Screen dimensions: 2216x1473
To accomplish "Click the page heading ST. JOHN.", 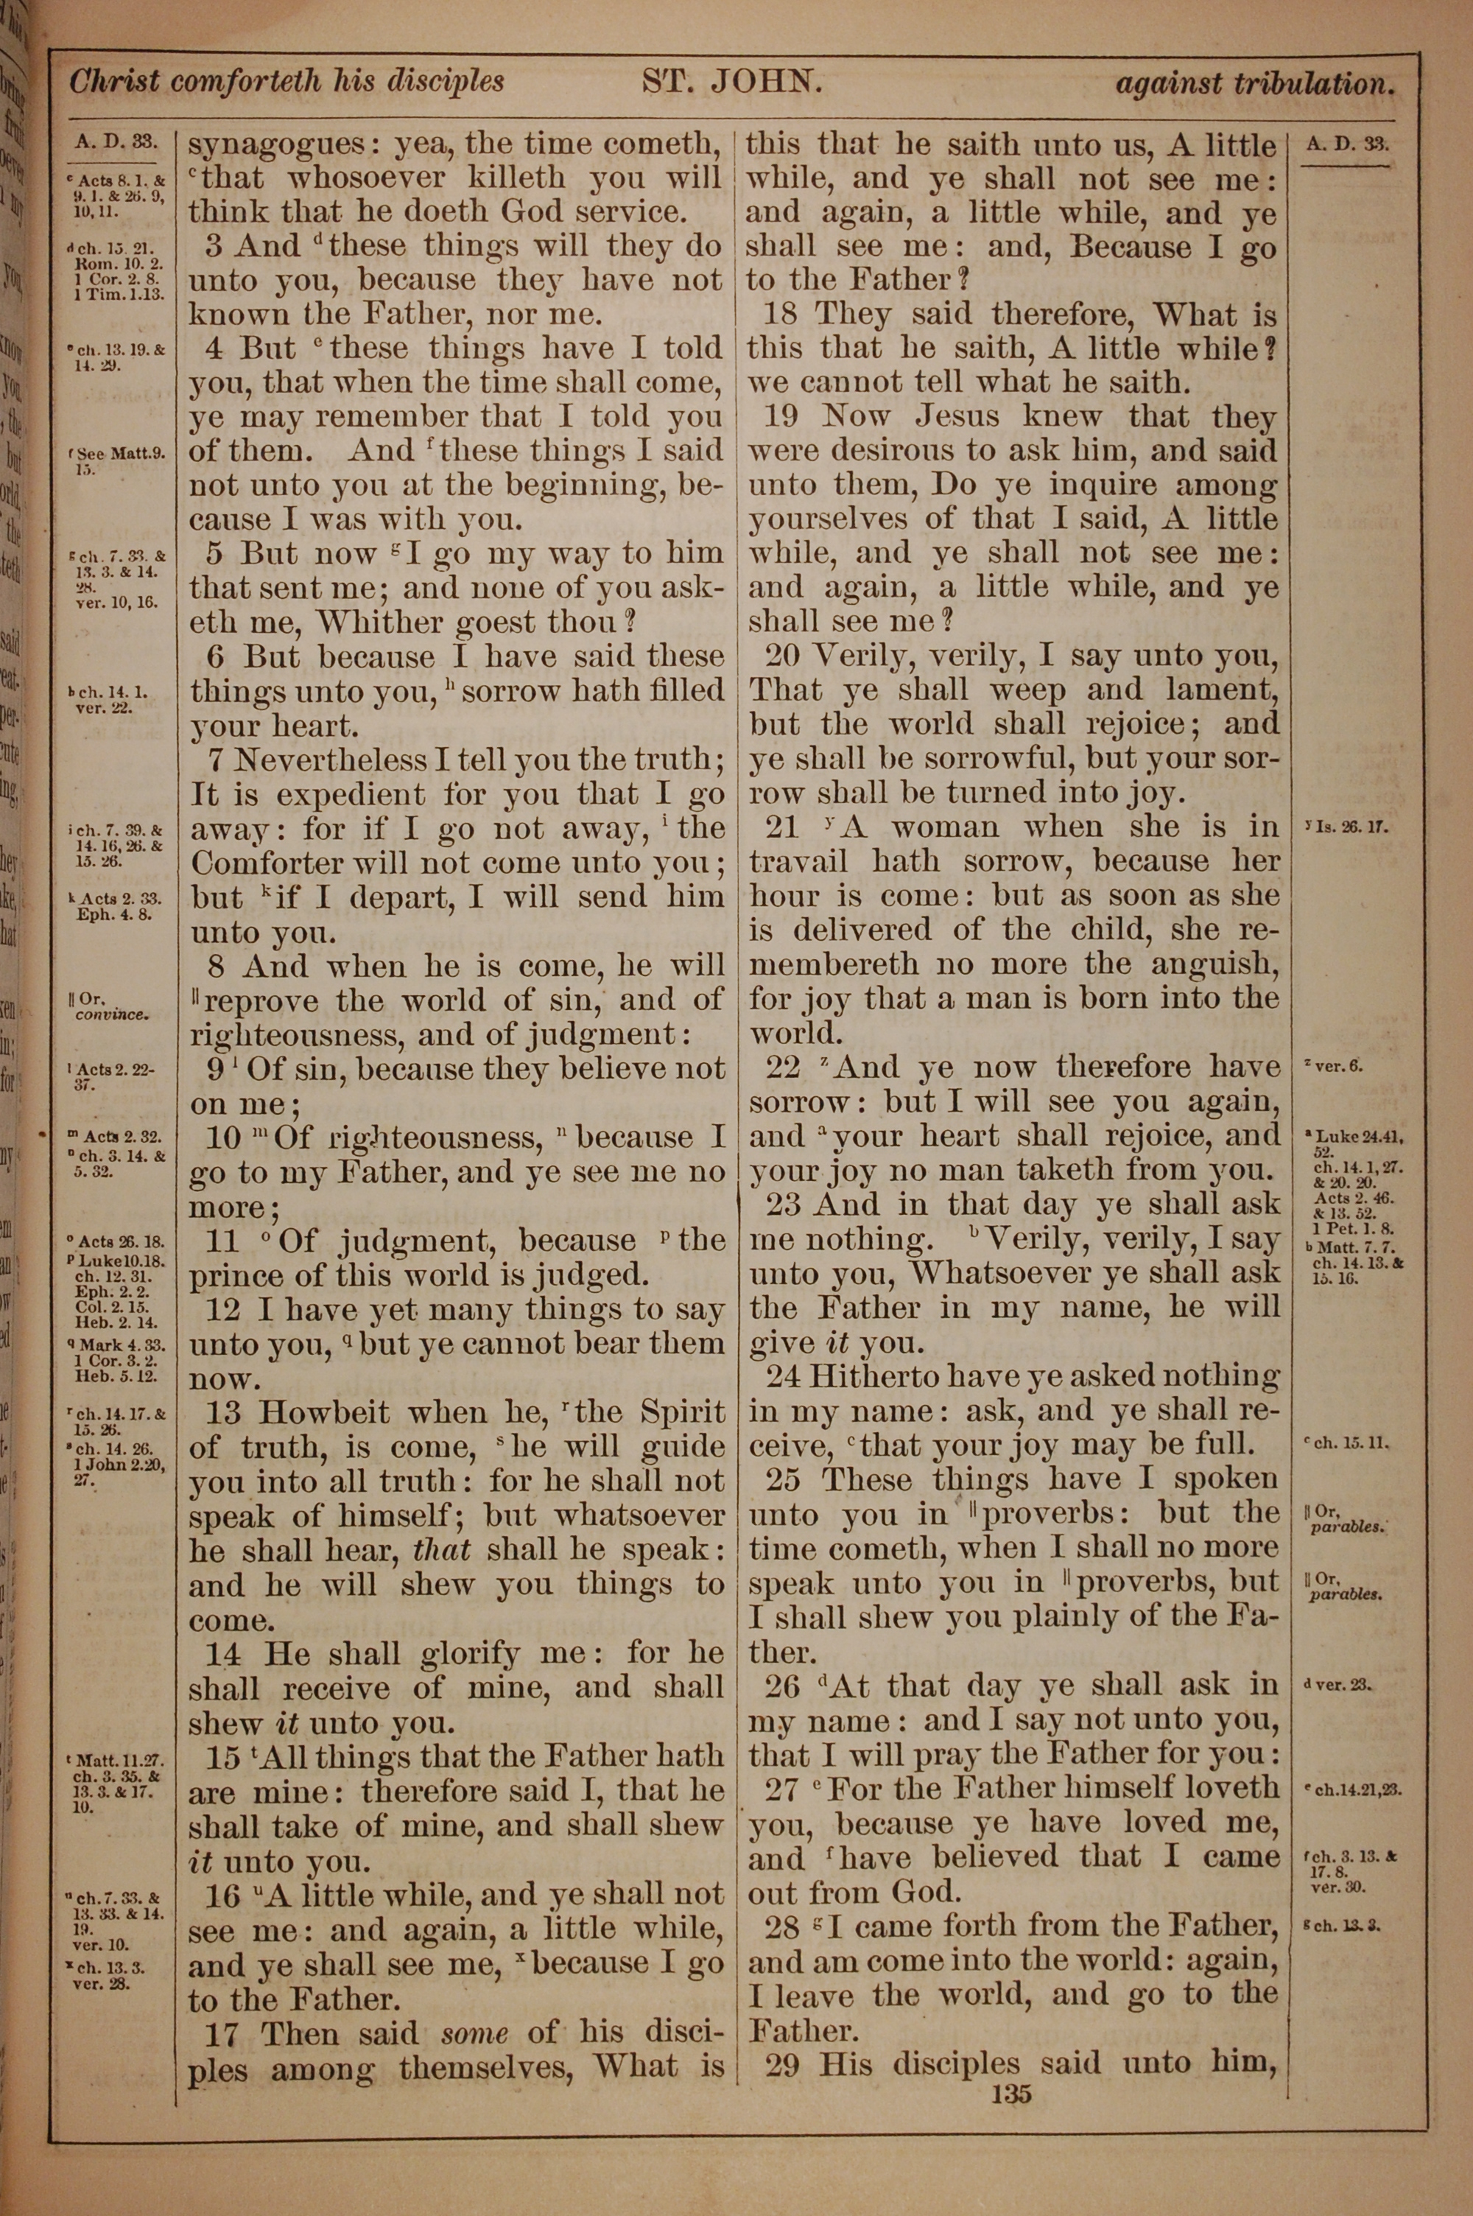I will pyautogui.click(x=732, y=83).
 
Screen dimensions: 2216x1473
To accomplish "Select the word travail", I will pyautogui.click(x=798, y=861).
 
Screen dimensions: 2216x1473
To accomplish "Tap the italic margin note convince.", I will pyautogui.click(x=112, y=1014).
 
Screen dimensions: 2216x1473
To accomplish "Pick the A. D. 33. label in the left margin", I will pyautogui.click(x=115, y=143).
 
